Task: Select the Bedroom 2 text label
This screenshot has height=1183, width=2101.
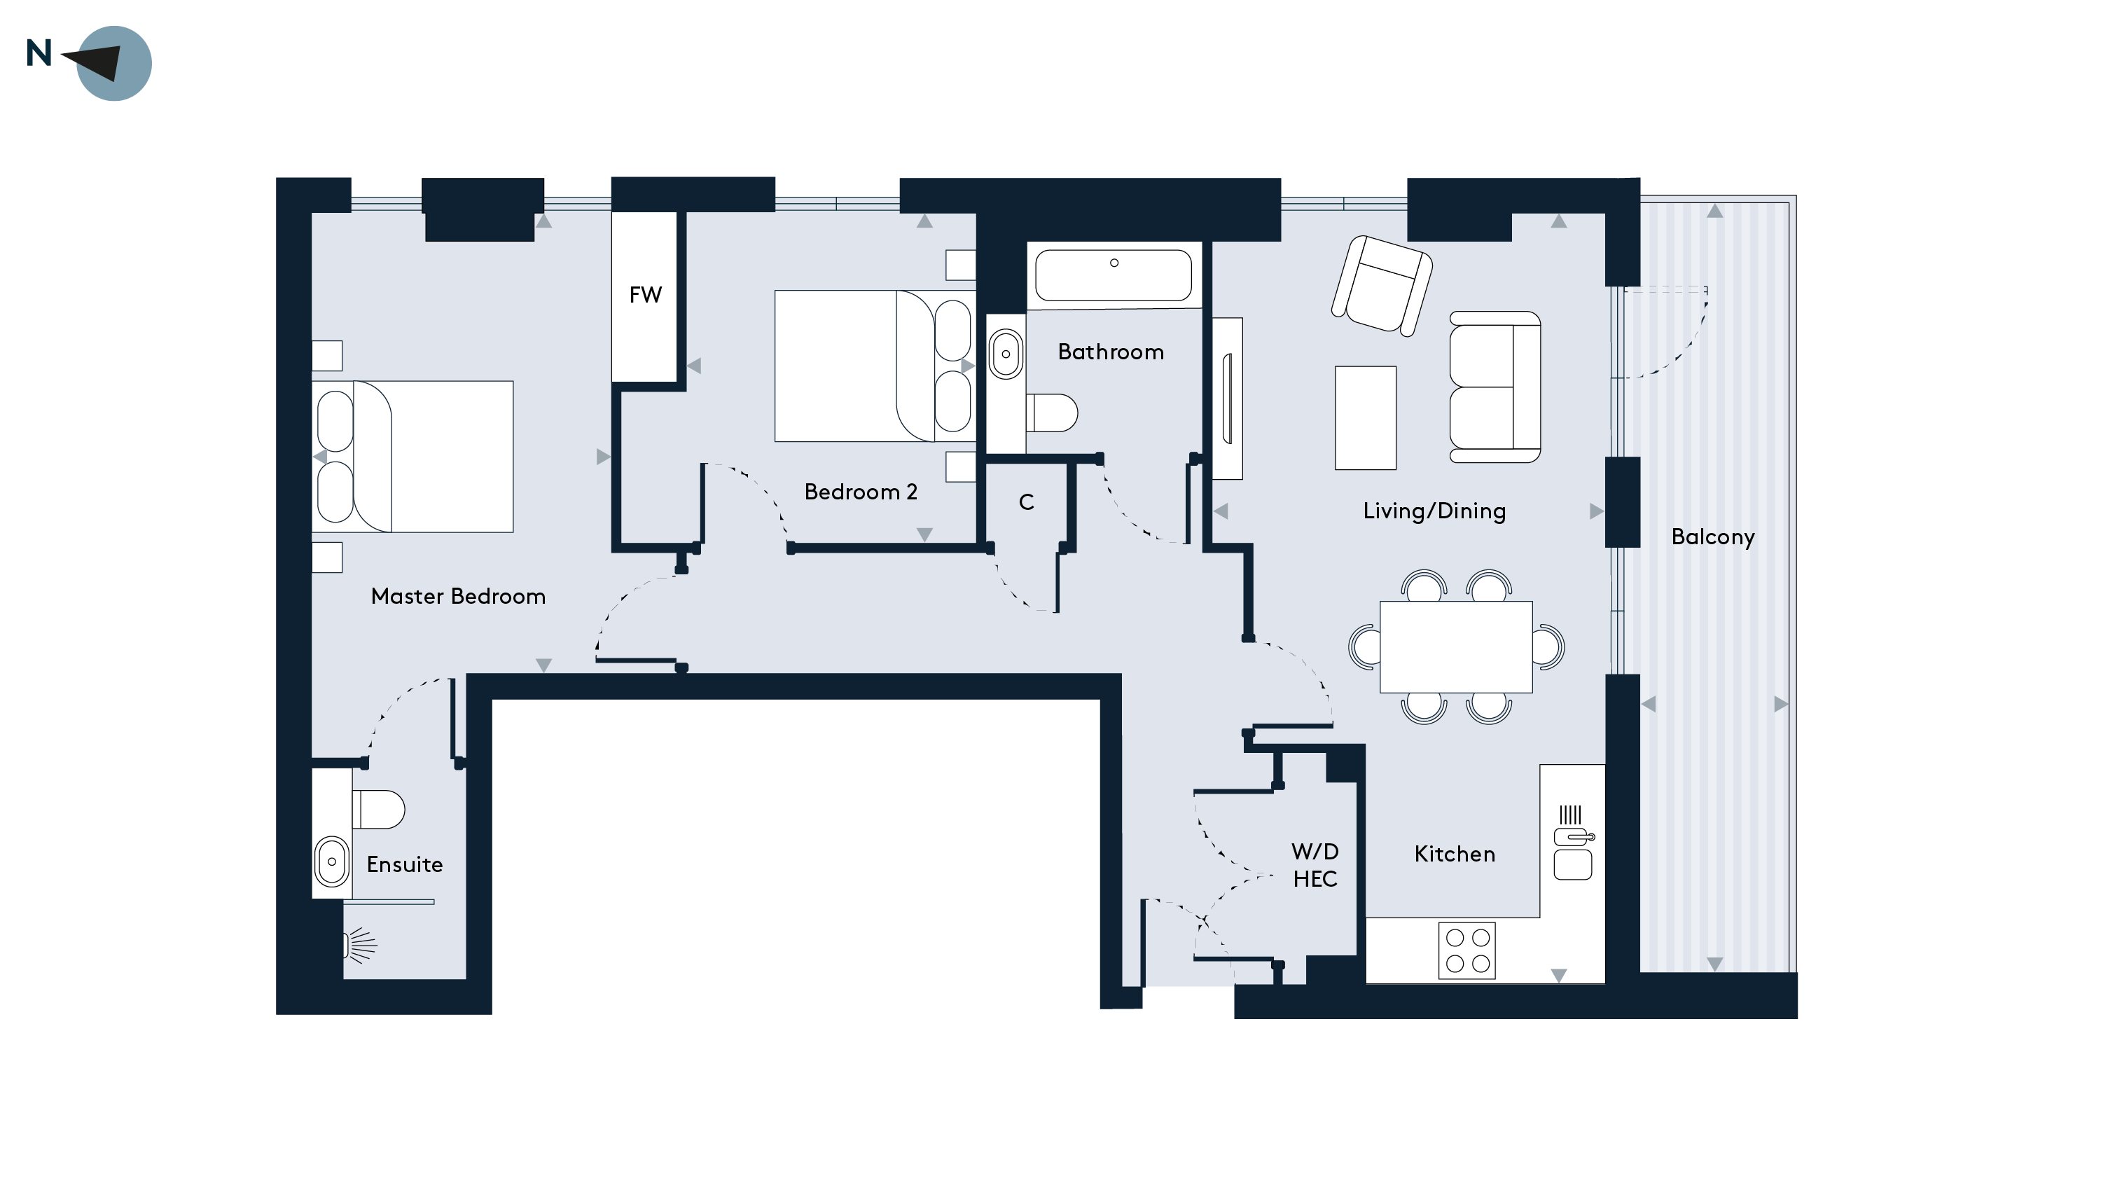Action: click(x=861, y=492)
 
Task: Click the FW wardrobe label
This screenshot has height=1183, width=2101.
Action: click(x=645, y=295)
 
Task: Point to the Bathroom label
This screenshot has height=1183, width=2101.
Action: click(x=1111, y=352)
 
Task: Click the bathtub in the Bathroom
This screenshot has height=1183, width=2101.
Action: click(x=1114, y=276)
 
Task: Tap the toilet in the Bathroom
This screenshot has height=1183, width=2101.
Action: click(x=1051, y=413)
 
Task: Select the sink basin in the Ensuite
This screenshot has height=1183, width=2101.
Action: click(x=332, y=862)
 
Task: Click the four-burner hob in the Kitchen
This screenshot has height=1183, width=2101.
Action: click(x=1467, y=950)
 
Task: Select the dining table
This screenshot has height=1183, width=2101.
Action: click(x=1456, y=647)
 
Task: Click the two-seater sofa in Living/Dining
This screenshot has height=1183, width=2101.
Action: click(x=1495, y=387)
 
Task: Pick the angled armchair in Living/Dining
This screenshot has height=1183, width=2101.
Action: click(x=1382, y=286)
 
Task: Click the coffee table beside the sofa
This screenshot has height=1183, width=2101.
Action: click(x=1366, y=417)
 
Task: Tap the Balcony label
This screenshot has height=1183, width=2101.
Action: click(x=1713, y=537)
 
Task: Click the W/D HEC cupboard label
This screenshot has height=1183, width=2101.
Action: click(x=1315, y=865)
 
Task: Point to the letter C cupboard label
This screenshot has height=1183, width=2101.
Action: click(x=1027, y=503)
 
